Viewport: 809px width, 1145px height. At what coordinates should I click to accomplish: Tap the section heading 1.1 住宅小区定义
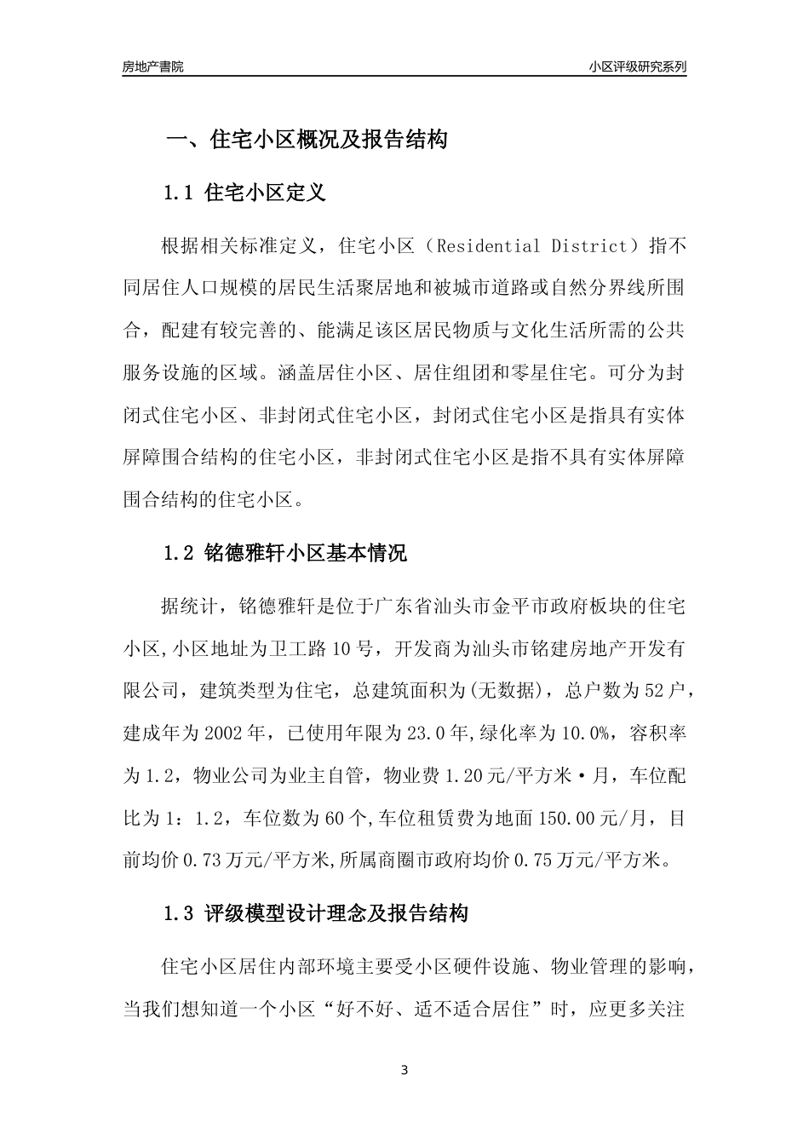244,193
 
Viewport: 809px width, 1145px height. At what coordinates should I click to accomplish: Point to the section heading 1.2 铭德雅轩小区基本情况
285,554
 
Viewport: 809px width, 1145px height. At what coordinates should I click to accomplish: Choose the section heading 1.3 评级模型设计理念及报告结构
316,915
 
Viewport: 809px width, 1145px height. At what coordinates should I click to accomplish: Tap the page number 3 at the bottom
404,1070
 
